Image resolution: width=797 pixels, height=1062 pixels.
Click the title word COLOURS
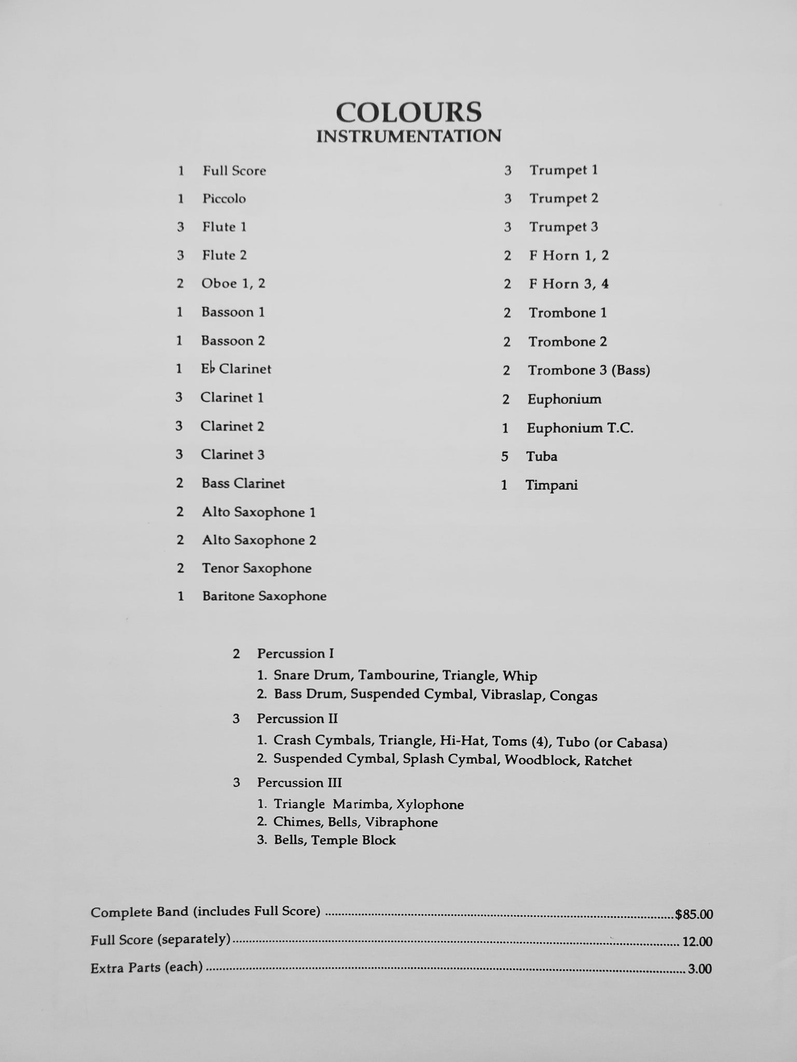pyautogui.click(x=408, y=112)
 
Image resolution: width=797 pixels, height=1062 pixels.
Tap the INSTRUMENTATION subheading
pyautogui.click(x=408, y=136)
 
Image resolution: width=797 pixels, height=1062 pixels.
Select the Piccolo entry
pyautogui.click(x=224, y=199)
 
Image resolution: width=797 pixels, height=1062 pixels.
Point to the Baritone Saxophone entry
pyautogui.click(x=264, y=596)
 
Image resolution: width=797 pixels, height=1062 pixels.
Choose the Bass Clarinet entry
pyautogui.click(x=243, y=483)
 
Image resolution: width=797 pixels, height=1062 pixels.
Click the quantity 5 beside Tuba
pyautogui.click(x=505, y=456)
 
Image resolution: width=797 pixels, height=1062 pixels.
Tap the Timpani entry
pyautogui.click(x=552, y=485)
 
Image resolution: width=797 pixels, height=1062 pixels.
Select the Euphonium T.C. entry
pyautogui.click(x=580, y=428)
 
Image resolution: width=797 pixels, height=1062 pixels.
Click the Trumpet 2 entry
pyautogui.click(x=564, y=198)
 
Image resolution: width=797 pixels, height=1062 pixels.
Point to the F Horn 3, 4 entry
pyautogui.click(x=569, y=284)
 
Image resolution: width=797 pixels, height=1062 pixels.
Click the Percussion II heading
pyautogui.click(x=297, y=719)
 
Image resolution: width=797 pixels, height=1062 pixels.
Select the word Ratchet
pyautogui.click(x=608, y=761)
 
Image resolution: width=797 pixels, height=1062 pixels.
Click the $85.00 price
pyautogui.click(x=694, y=914)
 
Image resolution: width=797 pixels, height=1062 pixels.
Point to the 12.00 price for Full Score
pyautogui.click(x=697, y=941)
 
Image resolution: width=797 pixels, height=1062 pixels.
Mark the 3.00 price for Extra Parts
pyautogui.click(x=699, y=968)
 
